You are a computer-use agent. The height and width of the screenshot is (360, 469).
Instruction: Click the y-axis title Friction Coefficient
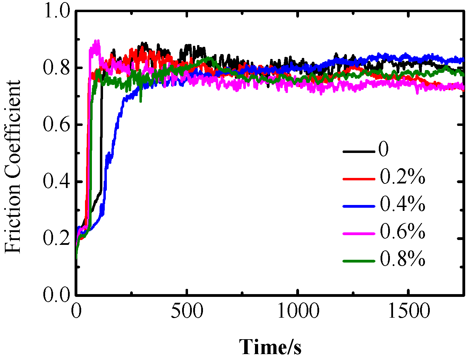(13, 167)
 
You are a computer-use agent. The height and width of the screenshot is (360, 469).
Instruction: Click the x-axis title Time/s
(270, 347)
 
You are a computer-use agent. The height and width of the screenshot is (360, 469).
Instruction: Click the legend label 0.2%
(402, 177)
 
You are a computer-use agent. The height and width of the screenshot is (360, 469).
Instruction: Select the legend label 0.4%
(402, 204)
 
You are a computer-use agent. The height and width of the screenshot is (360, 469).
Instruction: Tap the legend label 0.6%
(402, 232)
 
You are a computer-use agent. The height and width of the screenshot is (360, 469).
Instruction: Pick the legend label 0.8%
(402, 259)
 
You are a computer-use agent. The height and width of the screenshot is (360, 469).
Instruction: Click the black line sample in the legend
(359, 152)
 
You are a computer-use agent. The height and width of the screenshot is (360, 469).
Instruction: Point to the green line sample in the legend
(359, 261)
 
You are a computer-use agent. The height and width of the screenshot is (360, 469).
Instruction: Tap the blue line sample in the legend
(359, 206)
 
